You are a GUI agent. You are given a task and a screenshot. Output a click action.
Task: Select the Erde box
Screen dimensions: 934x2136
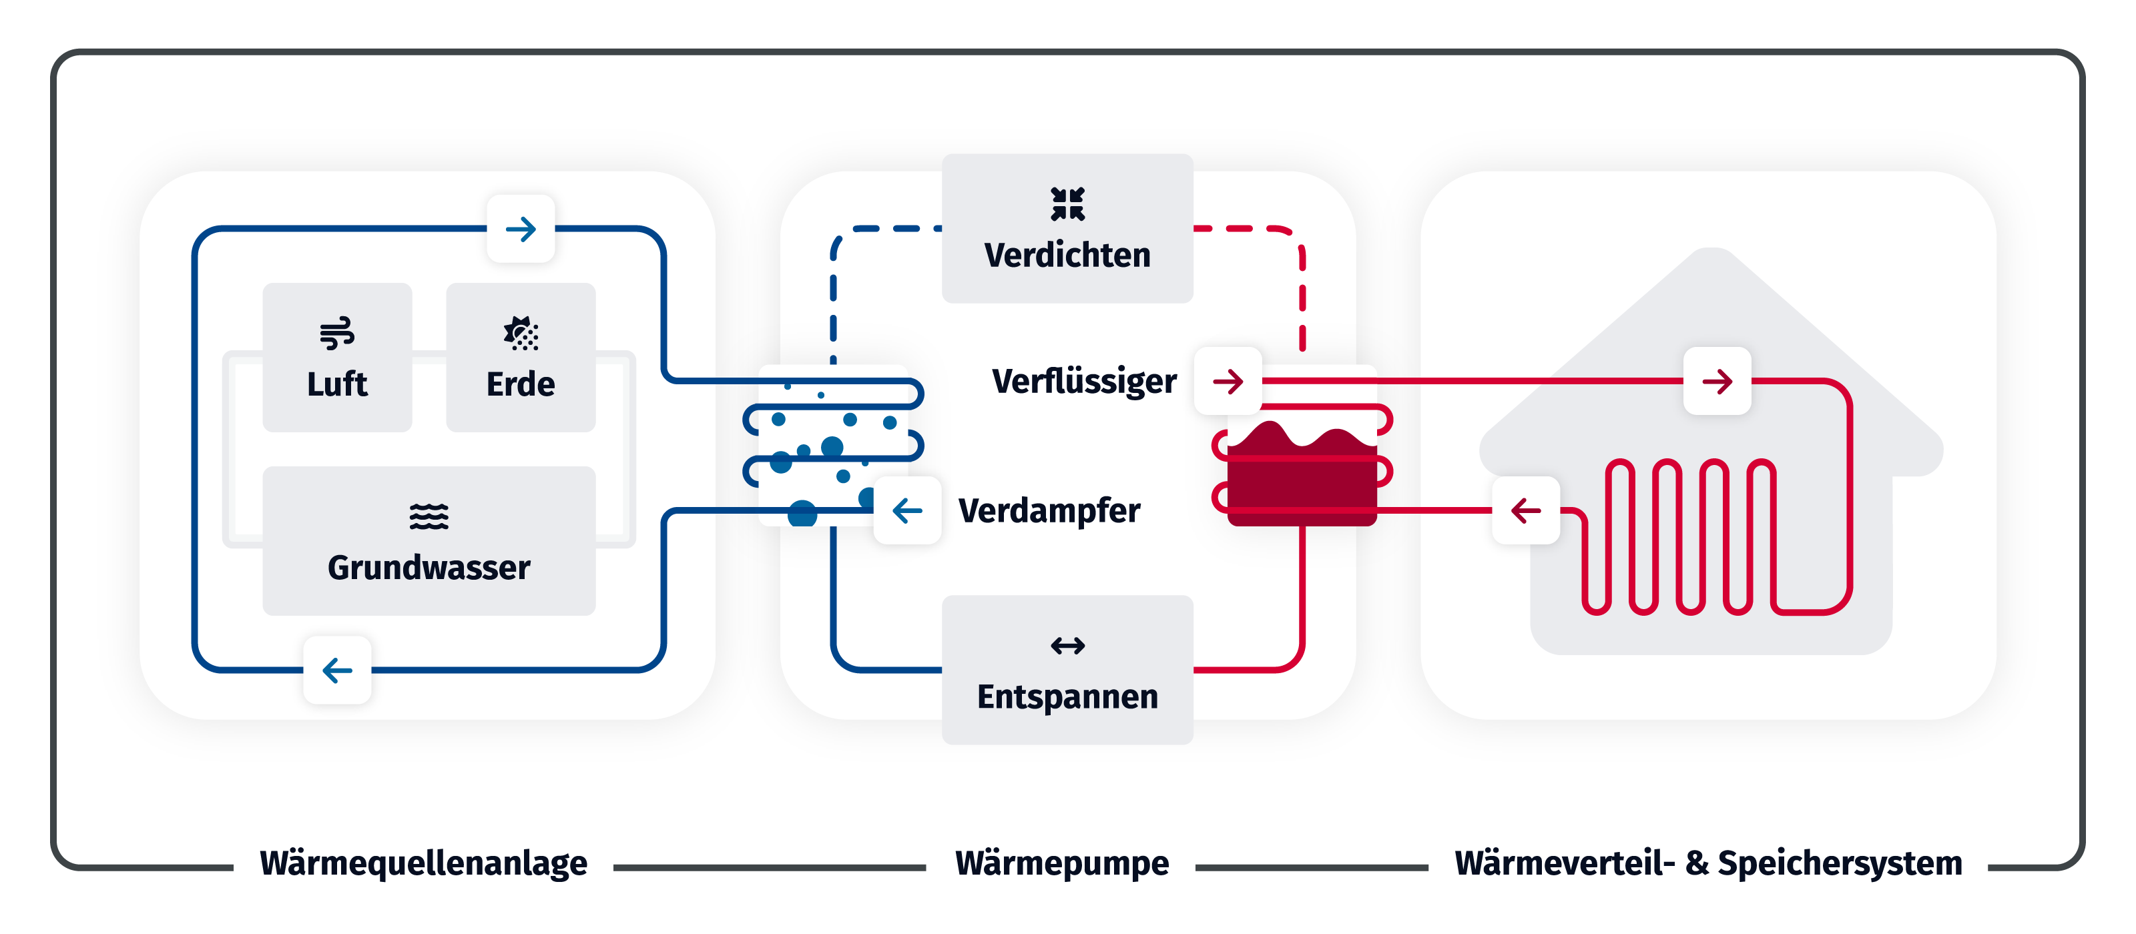pos(520,357)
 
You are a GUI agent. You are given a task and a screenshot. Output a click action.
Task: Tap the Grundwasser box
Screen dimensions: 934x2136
pos(429,540)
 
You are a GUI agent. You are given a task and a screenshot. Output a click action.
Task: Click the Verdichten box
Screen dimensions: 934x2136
pos(1067,228)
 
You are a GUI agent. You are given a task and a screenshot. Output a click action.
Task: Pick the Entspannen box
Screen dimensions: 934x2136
pos(1067,670)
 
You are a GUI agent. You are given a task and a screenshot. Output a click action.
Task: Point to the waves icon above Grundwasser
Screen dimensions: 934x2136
pos(429,516)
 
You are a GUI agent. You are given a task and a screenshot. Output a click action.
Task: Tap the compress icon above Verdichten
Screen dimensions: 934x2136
pos(1067,204)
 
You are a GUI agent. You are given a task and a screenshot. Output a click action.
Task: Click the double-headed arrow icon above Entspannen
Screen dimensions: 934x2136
pos(1067,646)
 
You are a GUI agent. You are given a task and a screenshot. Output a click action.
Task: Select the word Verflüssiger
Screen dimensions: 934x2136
pos(1084,381)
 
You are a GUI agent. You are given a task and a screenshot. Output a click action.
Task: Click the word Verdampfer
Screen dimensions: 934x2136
pos(1049,510)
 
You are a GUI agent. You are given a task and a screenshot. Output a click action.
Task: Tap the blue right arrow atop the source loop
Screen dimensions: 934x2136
pos(521,229)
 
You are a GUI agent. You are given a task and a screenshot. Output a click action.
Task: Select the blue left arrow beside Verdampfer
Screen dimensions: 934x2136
pos(907,510)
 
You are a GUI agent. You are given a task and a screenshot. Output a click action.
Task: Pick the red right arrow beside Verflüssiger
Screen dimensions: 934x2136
pos(1228,381)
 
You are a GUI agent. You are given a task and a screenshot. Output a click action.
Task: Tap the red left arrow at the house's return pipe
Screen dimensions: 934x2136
pos(1526,510)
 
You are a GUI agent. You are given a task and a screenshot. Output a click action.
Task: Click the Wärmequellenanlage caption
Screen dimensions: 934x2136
pos(423,863)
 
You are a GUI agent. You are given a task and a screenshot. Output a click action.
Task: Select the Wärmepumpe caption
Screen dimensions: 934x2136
pos(1061,863)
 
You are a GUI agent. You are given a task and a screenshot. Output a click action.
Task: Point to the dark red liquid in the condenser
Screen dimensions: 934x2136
pos(1302,480)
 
